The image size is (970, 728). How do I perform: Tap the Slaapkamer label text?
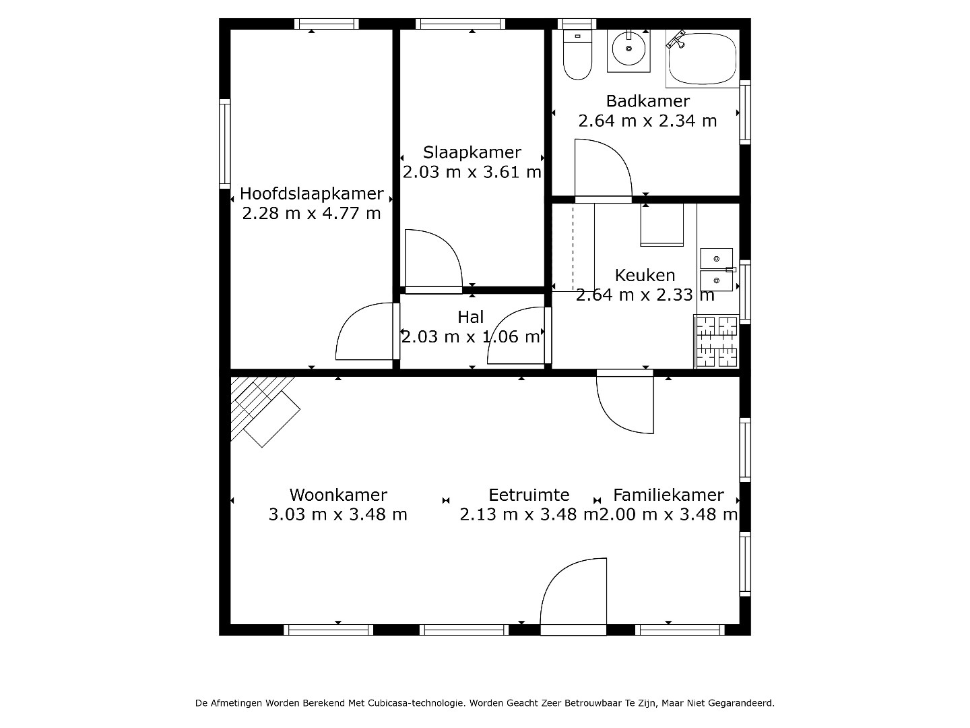(472, 152)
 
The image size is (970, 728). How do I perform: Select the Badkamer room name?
(647, 101)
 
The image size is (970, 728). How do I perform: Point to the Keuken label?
(645, 276)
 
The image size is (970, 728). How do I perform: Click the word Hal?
(471, 317)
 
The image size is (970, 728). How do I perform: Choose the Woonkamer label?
(338, 495)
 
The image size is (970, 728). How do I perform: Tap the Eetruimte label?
(529, 495)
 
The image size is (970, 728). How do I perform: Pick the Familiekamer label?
(669, 495)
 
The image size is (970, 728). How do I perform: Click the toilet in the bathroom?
(577, 55)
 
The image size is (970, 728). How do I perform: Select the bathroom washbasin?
(628, 51)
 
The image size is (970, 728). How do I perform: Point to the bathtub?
(702, 59)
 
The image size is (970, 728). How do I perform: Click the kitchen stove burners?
(716, 341)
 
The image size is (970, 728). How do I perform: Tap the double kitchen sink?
(716, 270)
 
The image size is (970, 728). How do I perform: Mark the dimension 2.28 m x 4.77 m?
(312, 214)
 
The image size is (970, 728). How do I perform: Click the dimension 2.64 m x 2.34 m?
(647, 121)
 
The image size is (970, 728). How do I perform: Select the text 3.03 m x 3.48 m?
(338, 514)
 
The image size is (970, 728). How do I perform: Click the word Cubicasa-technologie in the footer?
(416, 702)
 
